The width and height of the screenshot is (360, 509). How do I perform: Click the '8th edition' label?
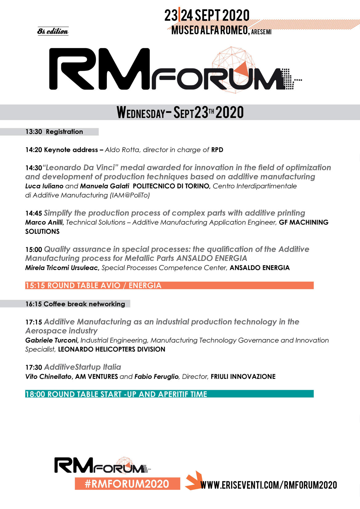pos(53,31)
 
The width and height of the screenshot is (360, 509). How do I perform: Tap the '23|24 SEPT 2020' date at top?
pos(207,15)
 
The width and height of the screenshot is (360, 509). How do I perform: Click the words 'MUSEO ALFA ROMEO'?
pos(210,30)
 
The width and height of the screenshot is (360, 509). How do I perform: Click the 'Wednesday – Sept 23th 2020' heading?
pos(180,112)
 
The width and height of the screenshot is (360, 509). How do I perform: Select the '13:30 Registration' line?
pos(54,132)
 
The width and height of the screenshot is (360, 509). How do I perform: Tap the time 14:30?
pos(34,168)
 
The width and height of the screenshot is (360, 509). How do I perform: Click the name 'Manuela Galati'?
pos(105,186)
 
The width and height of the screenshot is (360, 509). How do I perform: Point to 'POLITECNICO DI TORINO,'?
pos(172,186)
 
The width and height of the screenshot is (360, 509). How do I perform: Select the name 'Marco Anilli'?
pos(44,222)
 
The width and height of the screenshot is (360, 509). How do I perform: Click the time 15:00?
pos(34,249)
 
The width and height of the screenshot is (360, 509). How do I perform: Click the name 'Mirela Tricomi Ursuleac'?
pos(62,268)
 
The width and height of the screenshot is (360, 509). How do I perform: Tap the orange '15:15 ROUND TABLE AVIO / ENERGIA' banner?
pos(169,285)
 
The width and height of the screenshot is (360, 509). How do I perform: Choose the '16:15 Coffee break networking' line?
pos(75,304)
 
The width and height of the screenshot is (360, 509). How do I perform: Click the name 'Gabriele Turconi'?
pos(52,340)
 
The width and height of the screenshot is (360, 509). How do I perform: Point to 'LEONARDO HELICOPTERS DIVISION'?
pos(111,349)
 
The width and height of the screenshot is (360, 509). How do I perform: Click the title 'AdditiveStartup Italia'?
pos(83,367)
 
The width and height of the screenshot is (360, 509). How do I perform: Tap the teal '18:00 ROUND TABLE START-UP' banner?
pos(169,394)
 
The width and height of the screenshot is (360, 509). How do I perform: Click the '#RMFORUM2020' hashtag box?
pos(127,484)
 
